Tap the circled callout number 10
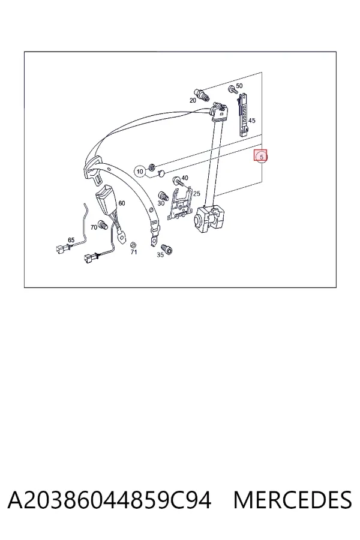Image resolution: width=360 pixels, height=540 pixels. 140,171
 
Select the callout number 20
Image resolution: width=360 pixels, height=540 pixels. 193,100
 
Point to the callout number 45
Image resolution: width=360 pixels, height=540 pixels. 252,121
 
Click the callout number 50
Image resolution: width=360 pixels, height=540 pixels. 239,86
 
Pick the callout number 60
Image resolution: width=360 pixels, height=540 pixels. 122,203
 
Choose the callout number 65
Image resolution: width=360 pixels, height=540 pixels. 71,240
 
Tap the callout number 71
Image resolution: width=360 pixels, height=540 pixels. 134,252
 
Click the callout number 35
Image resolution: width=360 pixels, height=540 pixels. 160,255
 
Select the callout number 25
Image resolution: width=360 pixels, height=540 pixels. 197,194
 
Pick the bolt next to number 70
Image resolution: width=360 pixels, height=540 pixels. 103,225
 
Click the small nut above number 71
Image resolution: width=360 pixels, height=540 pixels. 132,245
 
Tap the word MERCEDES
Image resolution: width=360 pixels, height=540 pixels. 292,500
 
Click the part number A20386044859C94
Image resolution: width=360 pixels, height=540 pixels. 109,500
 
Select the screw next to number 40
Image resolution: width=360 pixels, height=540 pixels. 177,181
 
